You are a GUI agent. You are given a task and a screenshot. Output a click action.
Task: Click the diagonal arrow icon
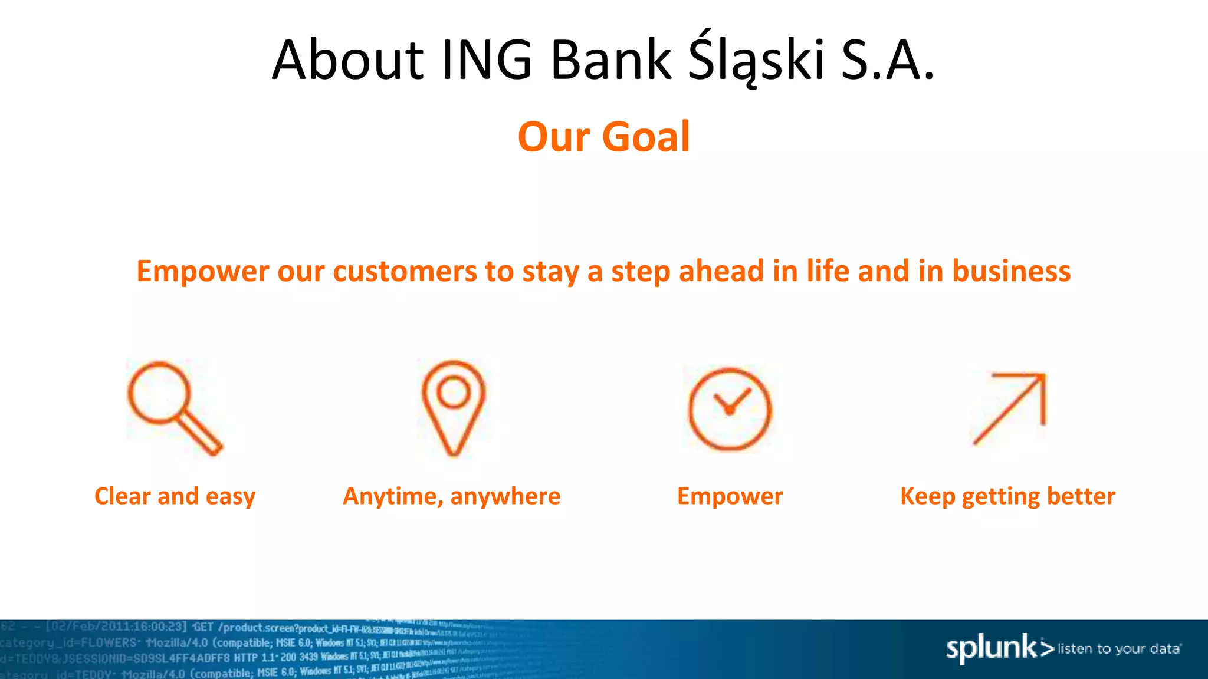[x=1009, y=408]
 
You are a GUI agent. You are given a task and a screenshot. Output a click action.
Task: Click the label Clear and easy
[x=175, y=496]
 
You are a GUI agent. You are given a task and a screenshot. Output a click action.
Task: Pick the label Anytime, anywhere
[x=452, y=496]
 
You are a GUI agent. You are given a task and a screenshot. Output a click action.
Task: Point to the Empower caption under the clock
[x=730, y=496]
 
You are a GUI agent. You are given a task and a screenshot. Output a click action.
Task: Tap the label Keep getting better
[x=1007, y=496]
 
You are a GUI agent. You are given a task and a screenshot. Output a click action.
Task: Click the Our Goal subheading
[x=603, y=137]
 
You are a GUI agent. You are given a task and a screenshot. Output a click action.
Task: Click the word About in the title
[x=347, y=60]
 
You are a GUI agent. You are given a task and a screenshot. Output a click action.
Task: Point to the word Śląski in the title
[x=756, y=60]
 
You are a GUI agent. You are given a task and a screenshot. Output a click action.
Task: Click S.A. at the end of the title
[x=888, y=60]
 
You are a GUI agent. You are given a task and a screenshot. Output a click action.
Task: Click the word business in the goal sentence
[x=1011, y=272]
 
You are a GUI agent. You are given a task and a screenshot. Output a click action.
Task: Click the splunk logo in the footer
[x=993, y=648]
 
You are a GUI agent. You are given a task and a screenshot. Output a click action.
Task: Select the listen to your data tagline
[x=1119, y=649]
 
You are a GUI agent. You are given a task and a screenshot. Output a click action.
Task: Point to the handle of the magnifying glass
[x=201, y=433]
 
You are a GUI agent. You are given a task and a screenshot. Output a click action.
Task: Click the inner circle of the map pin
[x=454, y=392]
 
